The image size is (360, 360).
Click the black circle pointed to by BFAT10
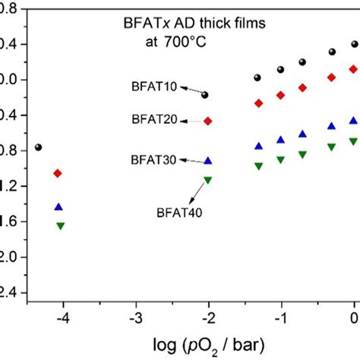[x=205, y=95]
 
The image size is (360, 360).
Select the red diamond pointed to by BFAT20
[x=208, y=121]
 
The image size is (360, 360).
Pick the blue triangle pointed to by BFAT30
[x=208, y=161]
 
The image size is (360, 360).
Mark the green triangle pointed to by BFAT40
[x=208, y=180]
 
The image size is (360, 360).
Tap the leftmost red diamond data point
[x=58, y=174]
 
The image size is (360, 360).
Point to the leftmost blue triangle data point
[x=59, y=207]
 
